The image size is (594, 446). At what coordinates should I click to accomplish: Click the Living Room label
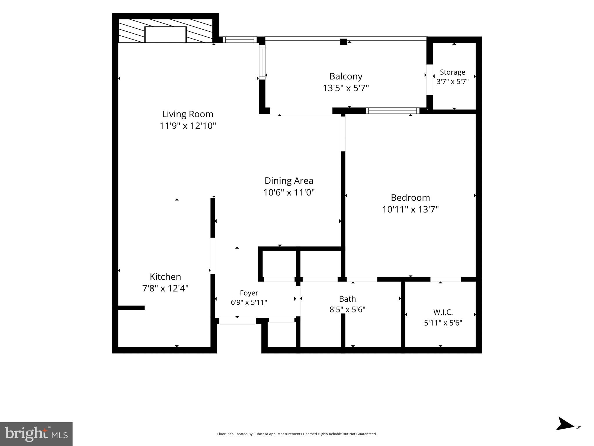(187, 114)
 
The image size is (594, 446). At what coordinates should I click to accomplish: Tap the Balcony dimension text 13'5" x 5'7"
(346, 88)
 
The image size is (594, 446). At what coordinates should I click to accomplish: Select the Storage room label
(452, 72)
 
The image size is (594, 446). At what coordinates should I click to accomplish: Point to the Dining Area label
(289, 181)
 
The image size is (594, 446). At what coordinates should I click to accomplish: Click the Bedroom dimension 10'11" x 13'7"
(410, 209)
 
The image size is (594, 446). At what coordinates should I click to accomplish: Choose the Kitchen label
(165, 276)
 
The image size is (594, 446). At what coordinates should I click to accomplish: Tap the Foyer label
(249, 293)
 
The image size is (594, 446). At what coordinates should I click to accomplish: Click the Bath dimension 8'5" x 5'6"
(347, 310)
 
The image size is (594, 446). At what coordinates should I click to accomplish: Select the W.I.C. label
(443, 312)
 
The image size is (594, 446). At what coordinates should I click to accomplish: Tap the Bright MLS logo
(36, 434)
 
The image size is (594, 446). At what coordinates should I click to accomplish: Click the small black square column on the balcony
(344, 42)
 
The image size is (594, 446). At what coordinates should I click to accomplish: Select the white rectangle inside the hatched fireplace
(165, 35)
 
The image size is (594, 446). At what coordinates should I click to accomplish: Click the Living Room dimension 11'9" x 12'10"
(188, 126)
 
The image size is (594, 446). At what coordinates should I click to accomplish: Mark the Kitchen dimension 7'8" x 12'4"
(165, 288)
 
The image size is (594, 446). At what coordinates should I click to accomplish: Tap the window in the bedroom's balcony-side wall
(393, 111)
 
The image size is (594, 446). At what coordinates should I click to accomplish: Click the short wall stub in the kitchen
(131, 308)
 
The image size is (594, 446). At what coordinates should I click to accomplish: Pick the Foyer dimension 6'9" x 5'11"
(249, 302)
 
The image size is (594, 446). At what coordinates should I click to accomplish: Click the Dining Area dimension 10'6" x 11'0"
(289, 193)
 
